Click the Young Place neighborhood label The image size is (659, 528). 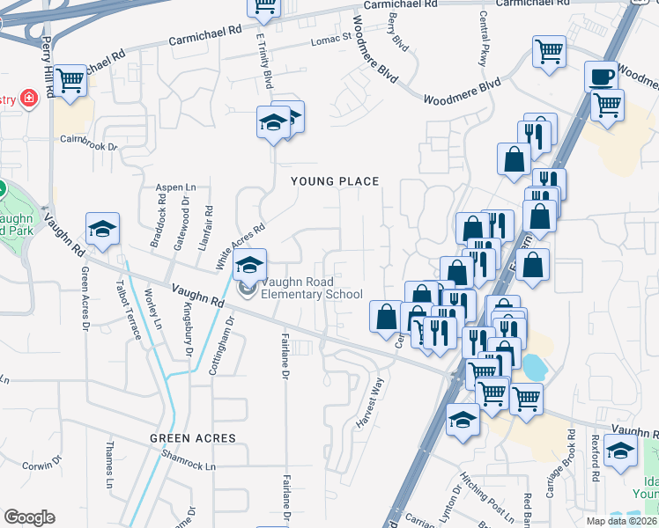click(x=336, y=181)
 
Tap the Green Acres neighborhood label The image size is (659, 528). click(x=193, y=437)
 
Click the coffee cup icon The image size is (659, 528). click(x=603, y=77)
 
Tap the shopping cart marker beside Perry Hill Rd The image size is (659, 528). click(x=70, y=82)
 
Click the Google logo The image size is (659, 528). click(x=29, y=517)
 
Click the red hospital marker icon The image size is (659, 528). click(x=29, y=97)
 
